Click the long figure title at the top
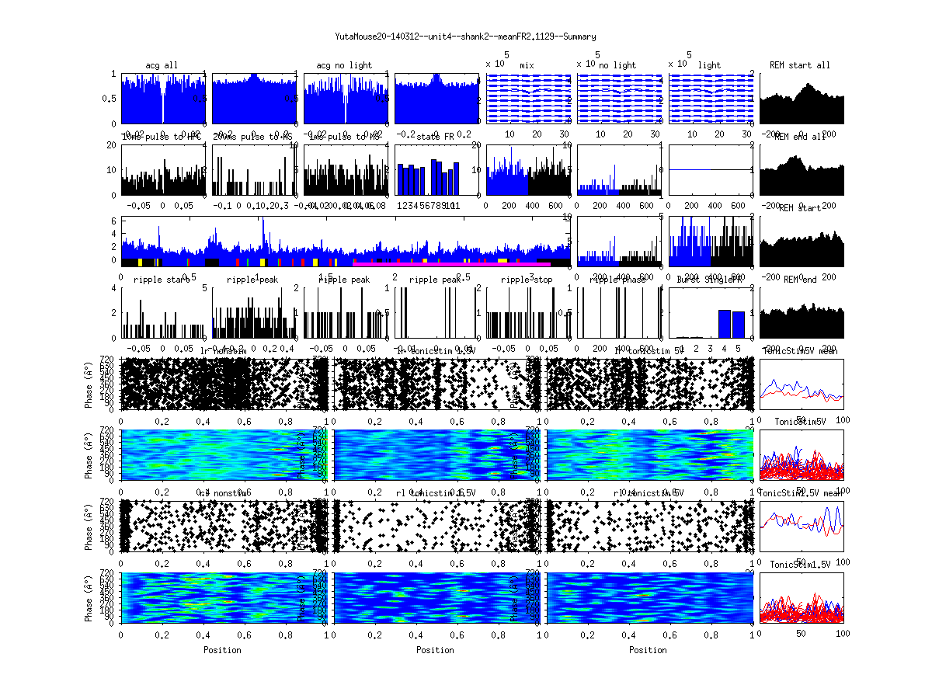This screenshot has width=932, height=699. (465, 37)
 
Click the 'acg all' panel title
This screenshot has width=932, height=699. (162, 65)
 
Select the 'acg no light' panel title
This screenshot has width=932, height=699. (344, 65)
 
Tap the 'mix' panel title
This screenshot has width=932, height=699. (527, 65)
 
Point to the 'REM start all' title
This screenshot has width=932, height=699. (800, 65)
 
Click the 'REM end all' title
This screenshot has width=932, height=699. (800, 137)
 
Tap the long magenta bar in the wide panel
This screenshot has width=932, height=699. (450, 263)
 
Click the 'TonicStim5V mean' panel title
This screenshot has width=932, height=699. (801, 351)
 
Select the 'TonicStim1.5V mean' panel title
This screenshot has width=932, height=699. (801, 493)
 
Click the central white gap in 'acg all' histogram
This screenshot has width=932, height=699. (163, 101)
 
